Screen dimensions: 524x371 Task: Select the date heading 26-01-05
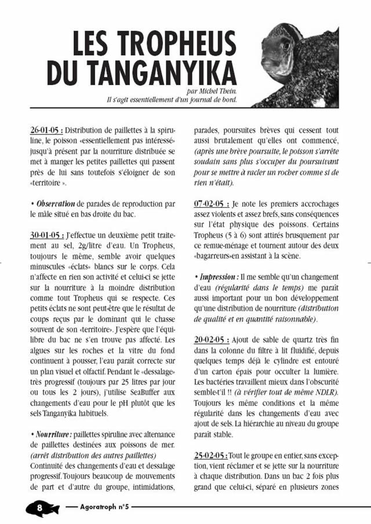point(46,131)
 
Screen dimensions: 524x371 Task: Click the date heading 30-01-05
point(46,236)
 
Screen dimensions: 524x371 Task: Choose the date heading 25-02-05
point(210,455)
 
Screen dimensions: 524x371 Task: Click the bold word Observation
point(56,204)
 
